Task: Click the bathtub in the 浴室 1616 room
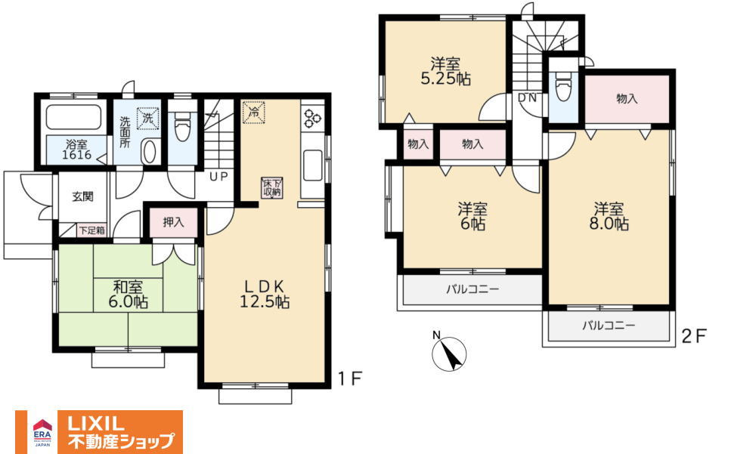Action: click(73, 117)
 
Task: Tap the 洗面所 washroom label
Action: click(125, 132)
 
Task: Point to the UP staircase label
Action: click(218, 177)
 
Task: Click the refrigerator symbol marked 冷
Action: click(253, 113)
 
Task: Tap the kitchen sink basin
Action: click(313, 165)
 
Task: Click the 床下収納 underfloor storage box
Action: click(272, 187)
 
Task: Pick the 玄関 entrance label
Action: click(83, 196)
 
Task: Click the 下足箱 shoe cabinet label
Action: click(91, 230)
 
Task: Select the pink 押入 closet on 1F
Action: click(173, 222)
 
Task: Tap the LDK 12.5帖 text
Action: click(265, 294)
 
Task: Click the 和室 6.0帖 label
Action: click(128, 295)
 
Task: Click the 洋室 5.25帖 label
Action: click(446, 71)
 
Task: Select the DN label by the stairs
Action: click(527, 98)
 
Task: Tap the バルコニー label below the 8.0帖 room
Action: click(609, 326)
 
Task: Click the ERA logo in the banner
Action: click(42, 432)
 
